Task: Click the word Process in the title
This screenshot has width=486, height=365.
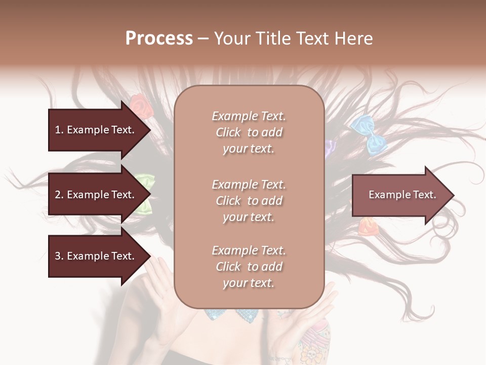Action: [x=159, y=39]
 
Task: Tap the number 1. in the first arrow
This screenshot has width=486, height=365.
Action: [x=59, y=130]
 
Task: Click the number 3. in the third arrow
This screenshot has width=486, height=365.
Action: [x=59, y=256]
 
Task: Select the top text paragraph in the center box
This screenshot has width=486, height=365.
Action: [x=249, y=132]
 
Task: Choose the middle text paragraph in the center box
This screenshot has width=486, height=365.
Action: [x=249, y=200]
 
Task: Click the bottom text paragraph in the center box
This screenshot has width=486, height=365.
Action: [x=249, y=267]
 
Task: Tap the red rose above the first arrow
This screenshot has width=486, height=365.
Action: [x=138, y=104]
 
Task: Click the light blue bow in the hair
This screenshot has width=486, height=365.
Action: [x=370, y=133]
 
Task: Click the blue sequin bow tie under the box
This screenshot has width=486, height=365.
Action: [x=233, y=314]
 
